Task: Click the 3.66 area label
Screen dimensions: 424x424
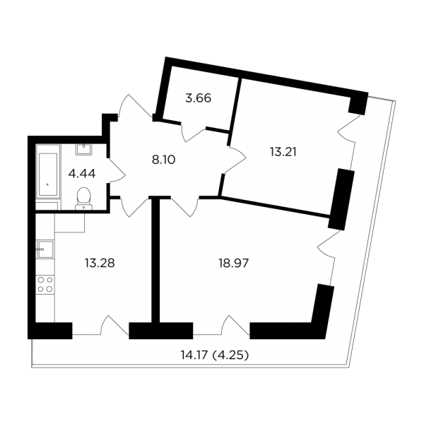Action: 198,98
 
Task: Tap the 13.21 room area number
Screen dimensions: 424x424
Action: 283,152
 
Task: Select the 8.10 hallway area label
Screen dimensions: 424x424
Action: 164,160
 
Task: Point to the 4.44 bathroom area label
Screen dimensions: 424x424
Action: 82,173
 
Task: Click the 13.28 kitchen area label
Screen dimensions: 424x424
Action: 100,263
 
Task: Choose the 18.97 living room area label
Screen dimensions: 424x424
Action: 234,263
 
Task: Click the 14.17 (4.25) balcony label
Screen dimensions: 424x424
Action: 215,355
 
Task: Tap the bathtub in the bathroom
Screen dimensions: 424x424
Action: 48,175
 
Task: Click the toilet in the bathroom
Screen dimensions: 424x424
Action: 83,199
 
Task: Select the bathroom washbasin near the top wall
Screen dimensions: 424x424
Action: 84,149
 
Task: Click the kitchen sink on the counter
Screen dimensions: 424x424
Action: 45,249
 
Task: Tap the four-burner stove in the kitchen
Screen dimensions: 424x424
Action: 45,284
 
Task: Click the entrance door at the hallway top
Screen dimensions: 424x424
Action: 135,106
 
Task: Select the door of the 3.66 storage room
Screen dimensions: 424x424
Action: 194,133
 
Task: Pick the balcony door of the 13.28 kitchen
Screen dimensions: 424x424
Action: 114,326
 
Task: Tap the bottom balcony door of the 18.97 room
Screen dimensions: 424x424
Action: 235,326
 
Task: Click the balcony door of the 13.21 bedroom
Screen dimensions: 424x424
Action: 349,129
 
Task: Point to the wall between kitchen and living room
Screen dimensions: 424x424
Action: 155,260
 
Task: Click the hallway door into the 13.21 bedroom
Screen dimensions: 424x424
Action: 235,160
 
